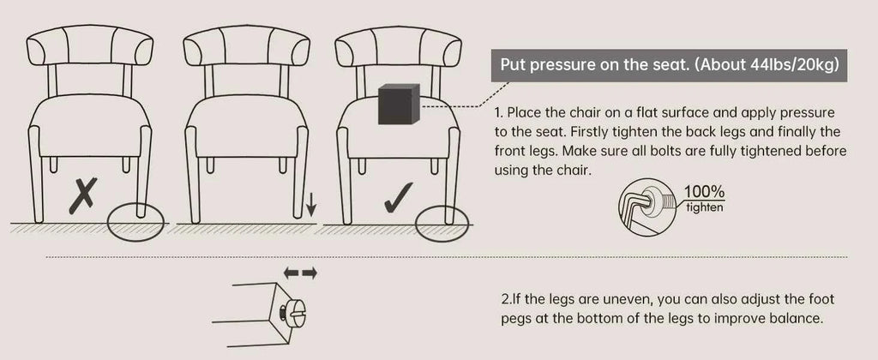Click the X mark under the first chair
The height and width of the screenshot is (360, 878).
pyautogui.click(x=83, y=195)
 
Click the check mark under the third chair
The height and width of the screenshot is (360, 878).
pyautogui.click(x=399, y=198)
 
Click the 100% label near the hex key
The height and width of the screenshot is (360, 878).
pyautogui.click(x=704, y=191)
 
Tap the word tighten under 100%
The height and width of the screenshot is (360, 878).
pyautogui.click(x=705, y=207)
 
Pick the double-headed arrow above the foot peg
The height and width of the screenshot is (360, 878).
pyautogui.click(x=300, y=273)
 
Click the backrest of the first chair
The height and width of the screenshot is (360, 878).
pyautogui.click(x=89, y=45)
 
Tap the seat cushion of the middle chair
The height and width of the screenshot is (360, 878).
pyautogui.click(x=246, y=127)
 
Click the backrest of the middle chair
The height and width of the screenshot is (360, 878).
pyautogui.click(x=246, y=45)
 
